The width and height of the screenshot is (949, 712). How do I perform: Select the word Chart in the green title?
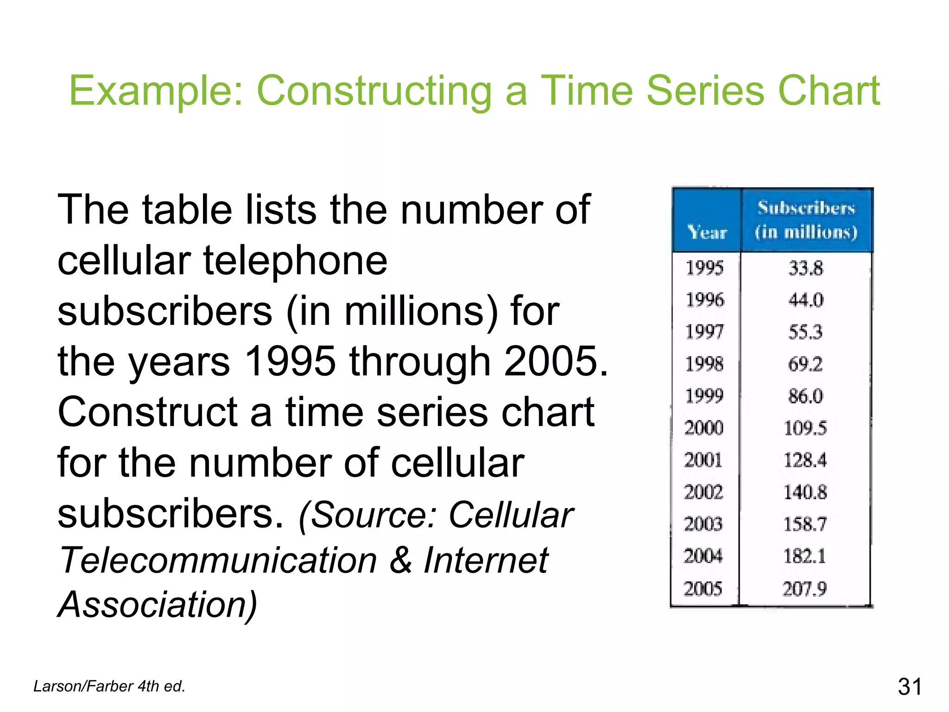(x=829, y=91)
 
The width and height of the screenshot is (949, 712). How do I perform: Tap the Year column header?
(x=707, y=232)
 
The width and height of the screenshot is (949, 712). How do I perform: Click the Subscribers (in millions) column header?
(x=806, y=220)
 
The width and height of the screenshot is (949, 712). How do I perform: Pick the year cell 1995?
(x=704, y=268)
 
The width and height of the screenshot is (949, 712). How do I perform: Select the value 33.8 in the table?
(x=805, y=268)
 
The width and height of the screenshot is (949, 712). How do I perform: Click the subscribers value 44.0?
(x=805, y=300)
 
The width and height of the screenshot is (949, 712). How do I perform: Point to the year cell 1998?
(x=704, y=364)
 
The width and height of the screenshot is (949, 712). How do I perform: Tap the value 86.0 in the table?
(x=805, y=396)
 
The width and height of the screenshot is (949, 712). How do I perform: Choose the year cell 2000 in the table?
(x=704, y=427)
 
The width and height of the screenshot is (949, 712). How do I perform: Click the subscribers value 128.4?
(x=805, y=460)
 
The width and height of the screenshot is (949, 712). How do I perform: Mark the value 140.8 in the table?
(x=805, y=492)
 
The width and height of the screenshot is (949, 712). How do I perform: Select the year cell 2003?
(x=703, y=524)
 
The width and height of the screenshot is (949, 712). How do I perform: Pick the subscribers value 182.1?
(x=804, y=556)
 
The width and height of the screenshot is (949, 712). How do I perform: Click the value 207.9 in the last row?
(x=804, y=589)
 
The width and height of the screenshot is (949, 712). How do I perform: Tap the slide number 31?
(x=910, y=687)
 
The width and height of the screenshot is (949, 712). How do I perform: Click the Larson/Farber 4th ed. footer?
(x=109, y=686)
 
